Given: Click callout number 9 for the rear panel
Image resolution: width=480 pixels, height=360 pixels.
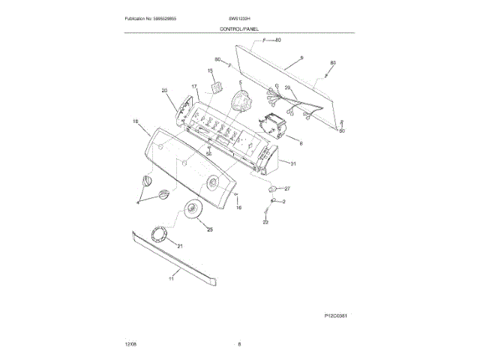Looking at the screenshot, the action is [x=301, y=58].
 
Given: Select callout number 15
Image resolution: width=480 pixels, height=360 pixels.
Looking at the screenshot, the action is [x=210, y=71].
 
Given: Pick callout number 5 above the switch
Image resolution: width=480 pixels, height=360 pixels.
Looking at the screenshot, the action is [x=241, y=82].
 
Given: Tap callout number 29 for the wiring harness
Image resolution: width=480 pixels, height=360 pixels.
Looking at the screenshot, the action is [x=286, y=88].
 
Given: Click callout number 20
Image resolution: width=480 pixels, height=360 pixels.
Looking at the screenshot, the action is [x=164, y=91].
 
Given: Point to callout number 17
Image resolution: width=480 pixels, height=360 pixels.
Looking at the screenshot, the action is [x=194, y=87].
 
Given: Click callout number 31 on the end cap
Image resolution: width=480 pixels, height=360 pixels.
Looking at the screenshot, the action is [x=293, y=163].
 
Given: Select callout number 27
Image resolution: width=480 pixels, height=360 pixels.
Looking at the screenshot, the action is [x=286, y=188].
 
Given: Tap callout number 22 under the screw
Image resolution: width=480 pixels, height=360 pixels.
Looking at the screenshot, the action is [x=265, y=223].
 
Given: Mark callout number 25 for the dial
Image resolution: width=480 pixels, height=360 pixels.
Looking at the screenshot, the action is [x=210, y=229].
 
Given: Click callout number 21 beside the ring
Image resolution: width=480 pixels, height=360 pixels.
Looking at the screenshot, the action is [x=179, y=245].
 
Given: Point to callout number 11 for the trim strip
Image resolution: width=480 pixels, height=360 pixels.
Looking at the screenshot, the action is [x=170, y=279].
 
